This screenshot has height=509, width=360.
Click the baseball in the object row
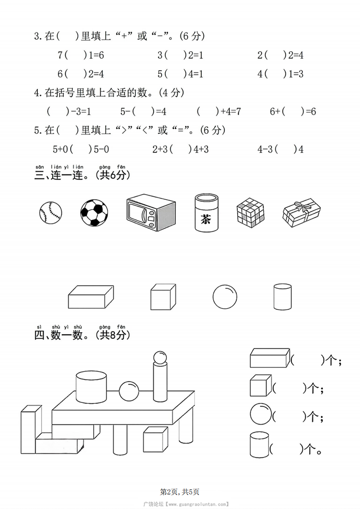coord(50,213)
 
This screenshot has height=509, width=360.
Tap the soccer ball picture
coord(94,213)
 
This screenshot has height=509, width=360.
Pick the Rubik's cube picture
coord(251,213)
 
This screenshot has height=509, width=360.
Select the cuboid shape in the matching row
coord(90,297)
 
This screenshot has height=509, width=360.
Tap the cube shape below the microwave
coord(163,297)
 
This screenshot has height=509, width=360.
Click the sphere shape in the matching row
coord(225,296)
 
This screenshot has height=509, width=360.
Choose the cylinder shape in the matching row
coord(282,297)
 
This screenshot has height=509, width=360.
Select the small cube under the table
coord(155,439)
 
